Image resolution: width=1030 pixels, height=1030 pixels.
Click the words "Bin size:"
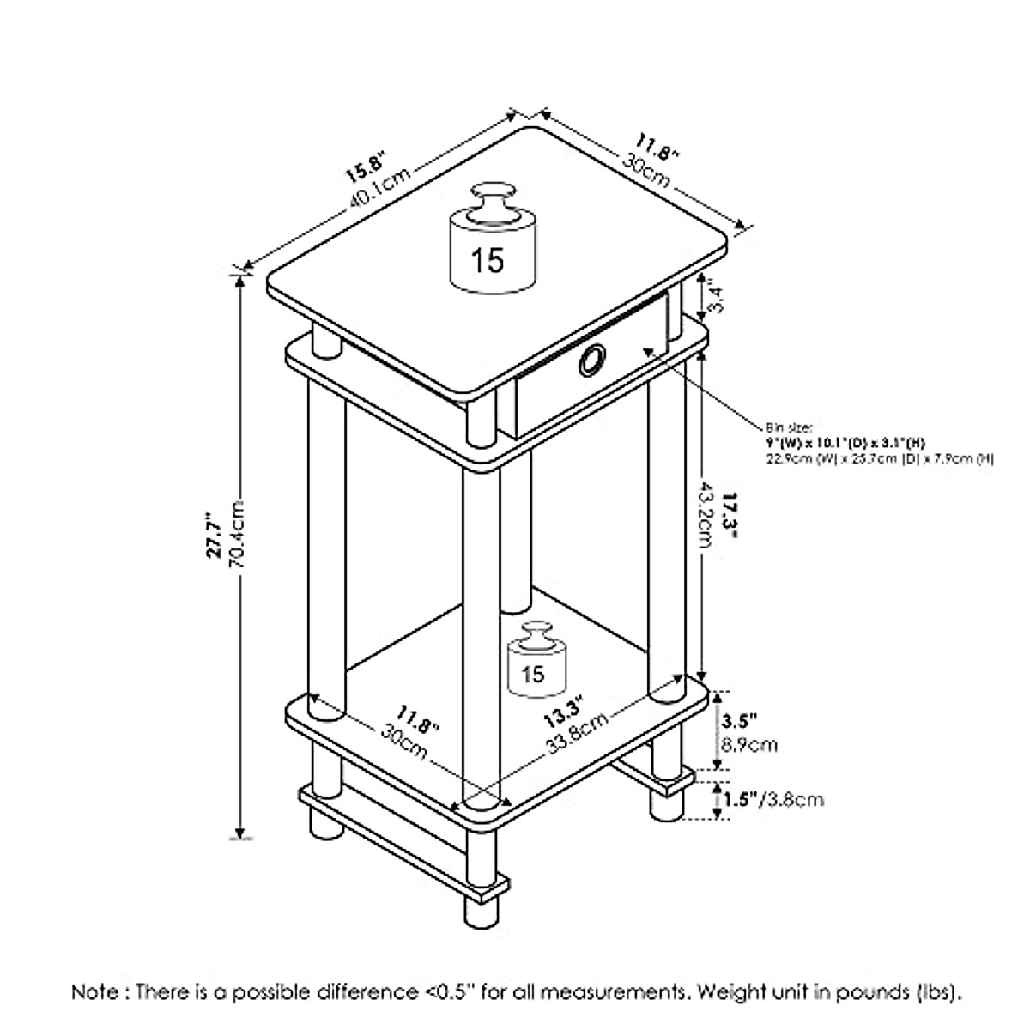785,426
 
